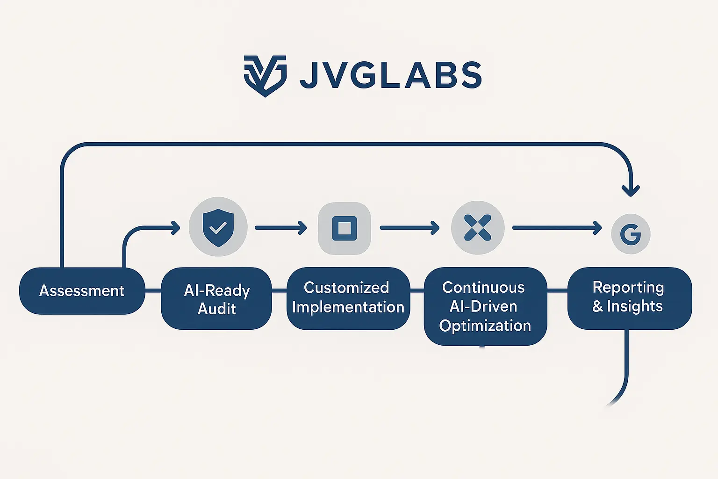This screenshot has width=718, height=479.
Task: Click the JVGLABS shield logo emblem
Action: [x=265, y=75]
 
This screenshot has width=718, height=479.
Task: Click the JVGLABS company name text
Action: [x=390, y=75]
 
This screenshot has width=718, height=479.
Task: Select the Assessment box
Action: [x=82, y=290]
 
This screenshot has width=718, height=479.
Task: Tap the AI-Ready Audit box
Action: [x=216, y=298]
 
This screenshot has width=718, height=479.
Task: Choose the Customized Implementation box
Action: [x=348, y=298]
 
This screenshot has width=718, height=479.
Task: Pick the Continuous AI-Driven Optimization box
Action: [x=485, y=306]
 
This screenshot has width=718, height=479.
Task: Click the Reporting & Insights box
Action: [x=629, y=298]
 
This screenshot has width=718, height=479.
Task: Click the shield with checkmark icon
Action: [x=218, y=227]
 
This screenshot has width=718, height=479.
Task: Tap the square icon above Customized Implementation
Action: [x=345, y=228]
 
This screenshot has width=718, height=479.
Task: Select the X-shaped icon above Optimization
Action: [x=477, y=228]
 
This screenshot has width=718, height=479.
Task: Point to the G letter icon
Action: [x=631, y=233]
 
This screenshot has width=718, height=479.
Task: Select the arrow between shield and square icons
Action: [x=281, y=228]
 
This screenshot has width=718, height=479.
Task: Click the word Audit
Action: [x=216, y=309]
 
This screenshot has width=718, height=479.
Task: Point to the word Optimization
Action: [x=485, y=326]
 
